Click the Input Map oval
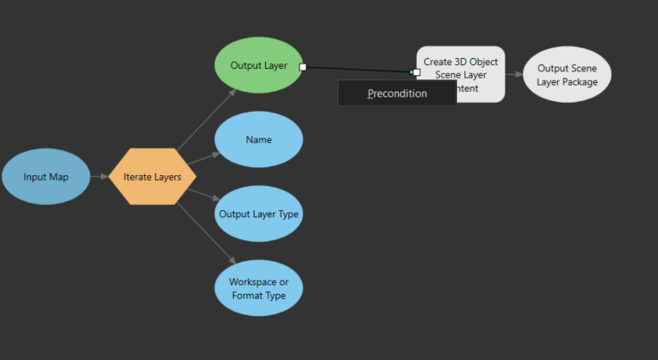46,177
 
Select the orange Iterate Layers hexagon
152,177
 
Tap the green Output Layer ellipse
258,65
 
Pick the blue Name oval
258,139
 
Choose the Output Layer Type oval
258,213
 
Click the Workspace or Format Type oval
258,288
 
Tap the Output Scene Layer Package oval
567,74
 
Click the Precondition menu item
396,93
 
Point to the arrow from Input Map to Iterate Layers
99,177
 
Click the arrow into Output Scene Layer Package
514,74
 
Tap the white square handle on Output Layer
303,66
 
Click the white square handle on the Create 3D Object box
416,71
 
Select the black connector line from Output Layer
357,69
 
